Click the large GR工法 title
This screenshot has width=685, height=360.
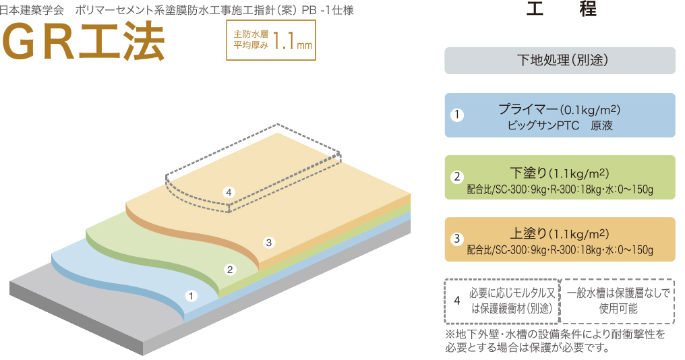84,42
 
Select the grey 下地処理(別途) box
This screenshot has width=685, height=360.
560,60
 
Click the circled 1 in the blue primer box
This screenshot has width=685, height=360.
457,115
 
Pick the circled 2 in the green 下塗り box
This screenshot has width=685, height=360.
457,177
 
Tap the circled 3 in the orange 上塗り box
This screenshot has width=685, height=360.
457,239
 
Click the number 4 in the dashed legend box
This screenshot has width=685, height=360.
457,301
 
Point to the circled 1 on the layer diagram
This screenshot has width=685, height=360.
191,296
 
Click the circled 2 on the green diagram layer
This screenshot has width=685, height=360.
230,270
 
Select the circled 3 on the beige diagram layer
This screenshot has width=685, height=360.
269,243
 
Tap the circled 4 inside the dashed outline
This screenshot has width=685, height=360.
229,192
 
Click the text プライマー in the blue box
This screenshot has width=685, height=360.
528,109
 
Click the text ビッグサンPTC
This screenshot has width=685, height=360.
543,126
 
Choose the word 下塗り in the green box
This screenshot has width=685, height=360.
529,173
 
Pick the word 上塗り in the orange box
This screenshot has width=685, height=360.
529,234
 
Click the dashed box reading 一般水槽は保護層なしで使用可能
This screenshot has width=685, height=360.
618,301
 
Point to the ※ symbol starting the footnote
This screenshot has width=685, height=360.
450,334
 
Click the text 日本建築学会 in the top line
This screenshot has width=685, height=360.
32,11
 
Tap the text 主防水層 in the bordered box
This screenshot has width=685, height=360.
251,34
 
